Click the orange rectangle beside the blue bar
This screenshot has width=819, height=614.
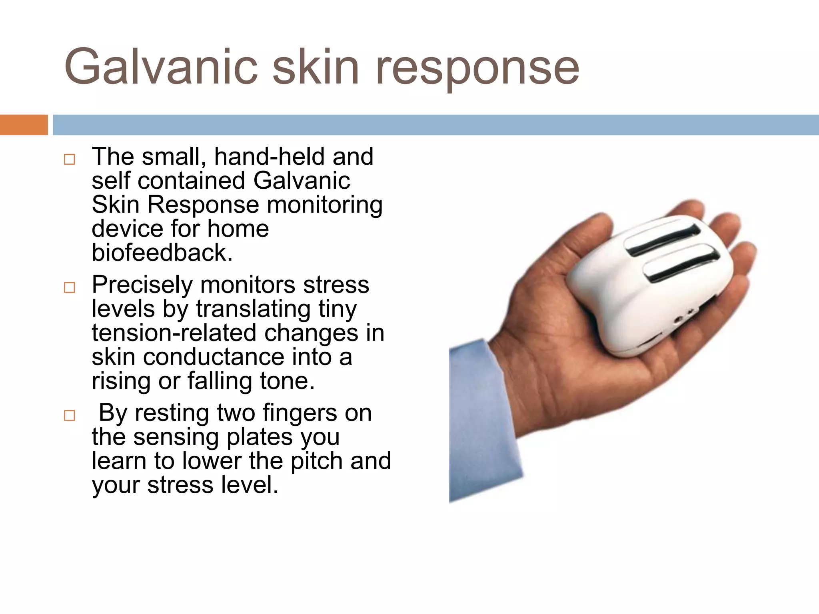pos(24,125)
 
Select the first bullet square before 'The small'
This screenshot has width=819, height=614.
pos(69,159)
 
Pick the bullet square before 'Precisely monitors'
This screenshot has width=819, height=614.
pos(69,287)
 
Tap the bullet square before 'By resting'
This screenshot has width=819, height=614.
pos(69,416)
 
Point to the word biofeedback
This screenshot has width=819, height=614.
pos(162,253)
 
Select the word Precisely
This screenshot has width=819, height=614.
pos(142,285)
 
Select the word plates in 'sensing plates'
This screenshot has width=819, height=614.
pos(261,437)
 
